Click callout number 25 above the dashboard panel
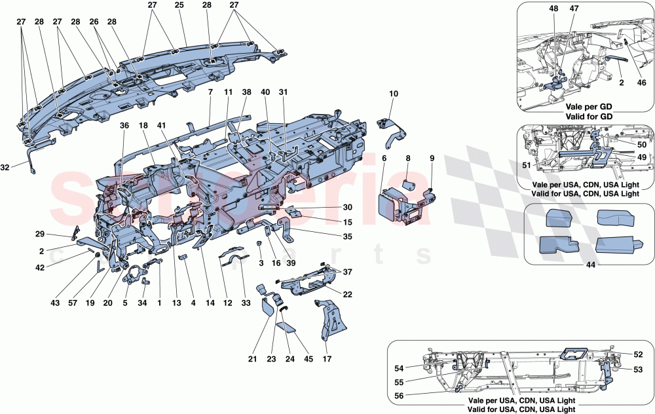(179, 5)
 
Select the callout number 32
(5, 168)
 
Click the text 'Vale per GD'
(586, 104)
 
